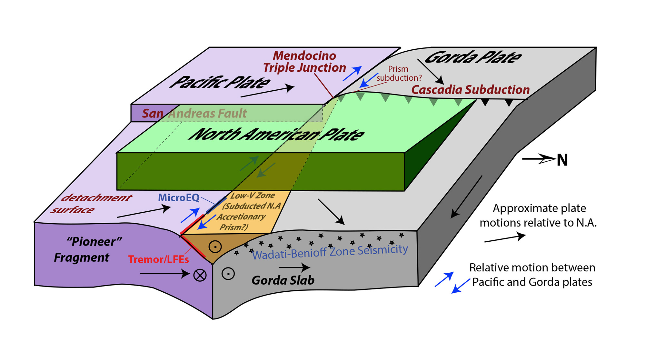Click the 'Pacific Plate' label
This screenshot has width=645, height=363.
(x=220, y=82)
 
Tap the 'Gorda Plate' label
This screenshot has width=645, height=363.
(x=473, y=57)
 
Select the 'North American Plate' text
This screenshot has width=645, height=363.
(x=276, y=134)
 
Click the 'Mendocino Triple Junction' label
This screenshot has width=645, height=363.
(x=304, y=62)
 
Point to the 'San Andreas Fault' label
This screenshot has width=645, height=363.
(x=194, y=113)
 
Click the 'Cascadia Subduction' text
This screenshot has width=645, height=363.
(x=470, y=90)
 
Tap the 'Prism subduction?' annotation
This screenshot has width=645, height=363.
(x=399, y=74)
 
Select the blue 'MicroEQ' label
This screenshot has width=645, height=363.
(x=179, y=197)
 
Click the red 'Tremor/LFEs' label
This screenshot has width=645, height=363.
(x=158, y=259)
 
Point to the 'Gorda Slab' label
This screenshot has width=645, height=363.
(x=283, y=280)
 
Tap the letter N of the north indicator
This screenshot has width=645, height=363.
(x=562, y=160)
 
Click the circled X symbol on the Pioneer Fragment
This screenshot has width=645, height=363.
(x=200, y=275)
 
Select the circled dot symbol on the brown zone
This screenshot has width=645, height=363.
(x=215, y=247)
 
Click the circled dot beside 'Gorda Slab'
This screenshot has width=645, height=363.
(x=228, y=274)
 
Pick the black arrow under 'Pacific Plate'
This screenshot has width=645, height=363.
(x=267, y=92)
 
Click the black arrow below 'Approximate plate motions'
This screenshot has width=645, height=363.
(x=505, y=238)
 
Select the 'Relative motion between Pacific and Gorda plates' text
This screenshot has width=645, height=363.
(x=532, y=275)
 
